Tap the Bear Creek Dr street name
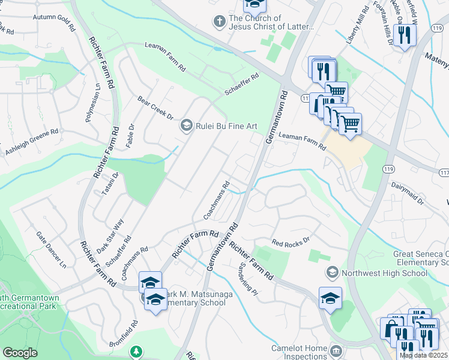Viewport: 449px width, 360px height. click(x=155, y=107)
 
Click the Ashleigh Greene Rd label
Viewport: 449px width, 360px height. click(x=32, y=140)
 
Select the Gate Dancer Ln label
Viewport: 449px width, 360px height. click(x=50, y=249)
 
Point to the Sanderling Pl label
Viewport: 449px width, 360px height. click(x=247, y=278)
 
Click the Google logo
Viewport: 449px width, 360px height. click(x=20, y=353)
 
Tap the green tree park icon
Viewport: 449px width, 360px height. click(x=137, y=350)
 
